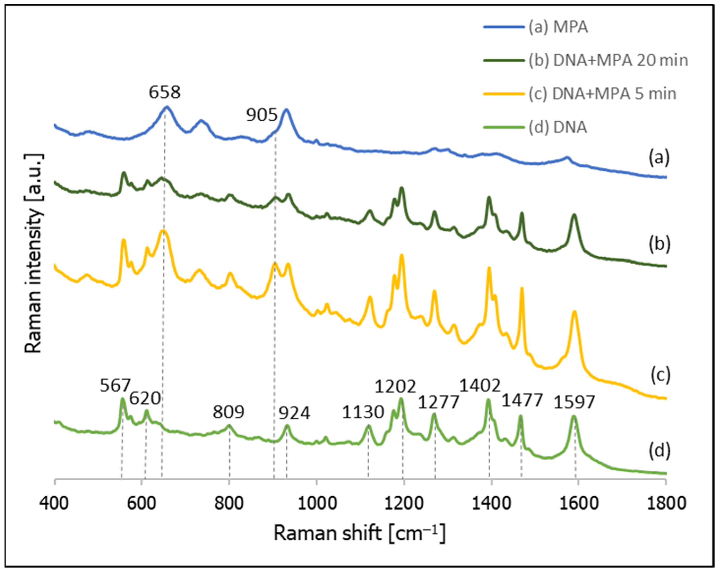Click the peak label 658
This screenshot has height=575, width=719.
pyautogui.click(x=164, y=92)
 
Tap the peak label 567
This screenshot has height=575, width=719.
pyautogui.click(x=115, y=386)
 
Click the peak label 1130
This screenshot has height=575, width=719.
pyautogui.click(x=363, y=412)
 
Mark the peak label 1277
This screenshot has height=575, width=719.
pyautogui.click(x=439, y=402)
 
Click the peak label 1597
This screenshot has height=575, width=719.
pyautogui.click(x=574, y=402)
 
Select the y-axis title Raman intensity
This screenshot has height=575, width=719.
pyautogui.click(x=33, y=253)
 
